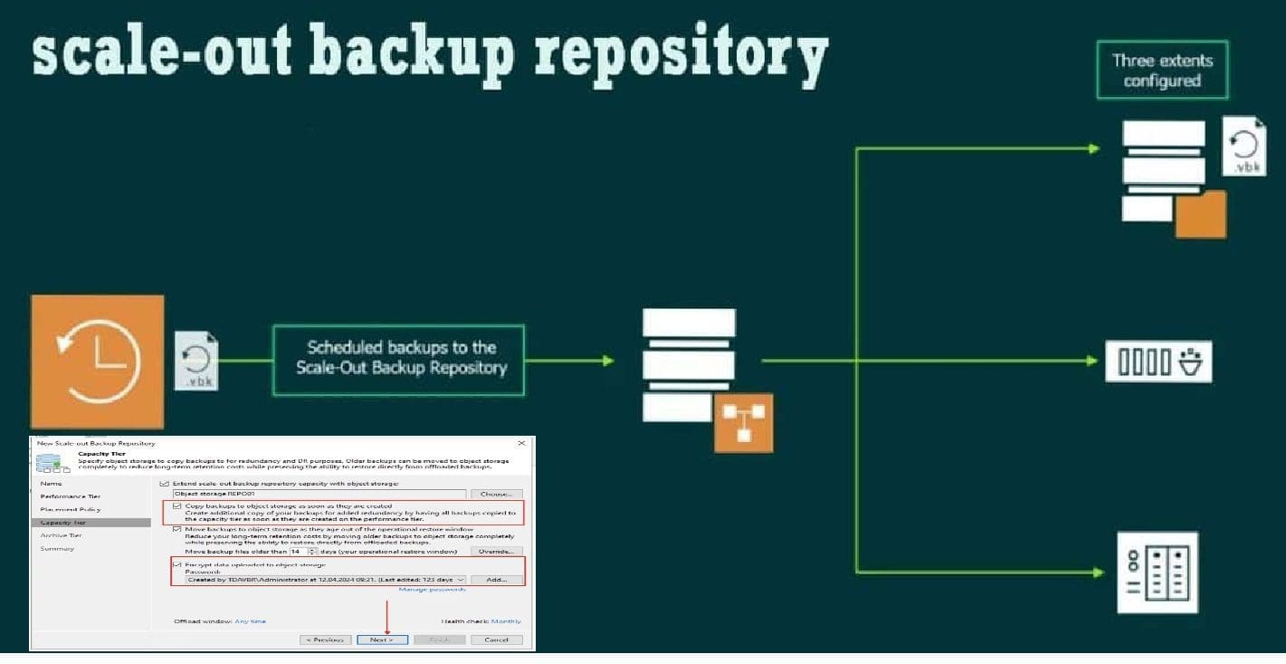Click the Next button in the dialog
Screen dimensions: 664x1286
click(381, 640)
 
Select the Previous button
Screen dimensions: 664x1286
click(326, 640)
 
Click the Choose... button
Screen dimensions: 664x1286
click(496, 494)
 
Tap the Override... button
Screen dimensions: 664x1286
click(496, 551)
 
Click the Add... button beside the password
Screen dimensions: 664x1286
click(496, 580)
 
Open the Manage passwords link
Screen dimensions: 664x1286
click(432, 590)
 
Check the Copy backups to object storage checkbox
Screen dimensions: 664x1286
click(177, 505)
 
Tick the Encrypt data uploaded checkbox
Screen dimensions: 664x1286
click(177, 564)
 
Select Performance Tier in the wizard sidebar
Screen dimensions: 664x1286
click(71, 496)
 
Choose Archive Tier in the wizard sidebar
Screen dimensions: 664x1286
click(62, 535)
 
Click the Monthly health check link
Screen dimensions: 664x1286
click(507, 621)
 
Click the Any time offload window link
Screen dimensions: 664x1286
click(251, 621)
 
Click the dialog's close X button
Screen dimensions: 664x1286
click(521, 443)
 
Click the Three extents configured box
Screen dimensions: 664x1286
click(1162, 70)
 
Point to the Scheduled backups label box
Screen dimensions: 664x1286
click(398, 359)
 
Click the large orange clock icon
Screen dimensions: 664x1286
click(98, 360)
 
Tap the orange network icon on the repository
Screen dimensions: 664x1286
click(744, 422)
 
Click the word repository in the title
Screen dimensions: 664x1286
click(681, 54)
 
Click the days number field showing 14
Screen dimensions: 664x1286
click(296, 551)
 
